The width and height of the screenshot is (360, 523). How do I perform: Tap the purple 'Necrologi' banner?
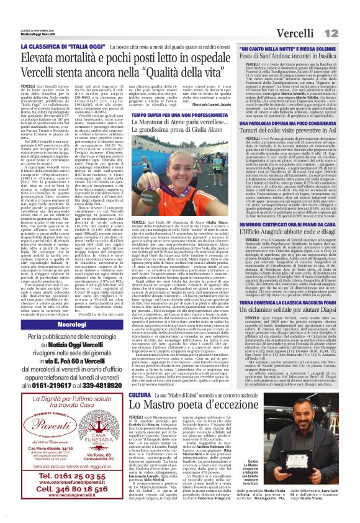(71, 324)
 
